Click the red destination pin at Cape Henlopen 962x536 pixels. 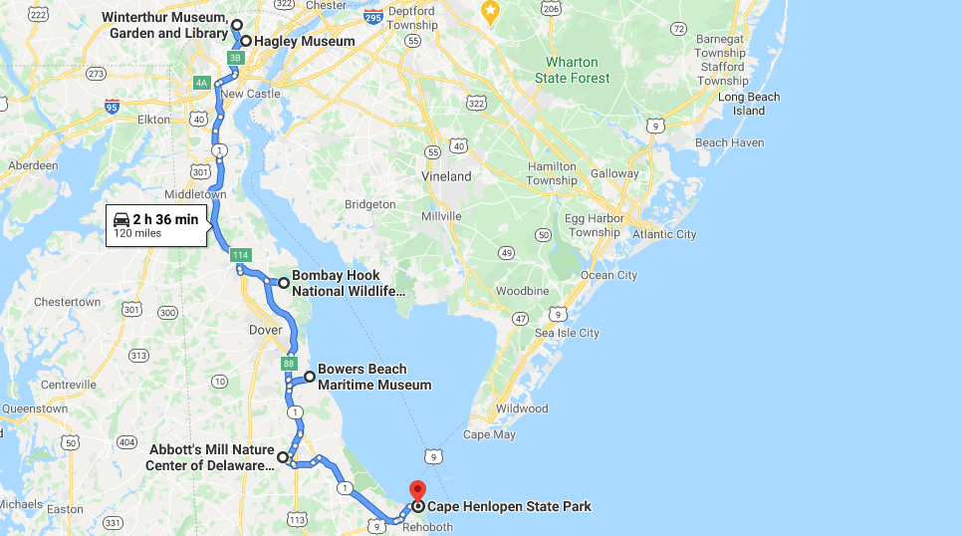417,491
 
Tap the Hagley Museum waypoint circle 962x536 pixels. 245,41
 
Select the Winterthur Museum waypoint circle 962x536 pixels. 237,25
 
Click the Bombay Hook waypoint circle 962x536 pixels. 284,283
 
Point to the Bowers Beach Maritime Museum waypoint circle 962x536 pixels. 310,377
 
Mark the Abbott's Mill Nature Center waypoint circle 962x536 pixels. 283,457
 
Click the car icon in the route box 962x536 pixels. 121,219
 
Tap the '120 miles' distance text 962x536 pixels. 137,233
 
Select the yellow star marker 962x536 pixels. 489,11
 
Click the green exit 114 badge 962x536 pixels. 239,256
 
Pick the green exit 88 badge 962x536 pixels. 289,364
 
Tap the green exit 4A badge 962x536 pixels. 202,83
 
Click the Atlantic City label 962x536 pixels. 665,234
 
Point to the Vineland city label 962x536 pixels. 446,176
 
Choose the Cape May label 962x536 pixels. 488,434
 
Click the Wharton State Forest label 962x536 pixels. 572,70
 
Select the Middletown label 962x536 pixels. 195,194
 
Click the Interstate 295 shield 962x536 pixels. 372,17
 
